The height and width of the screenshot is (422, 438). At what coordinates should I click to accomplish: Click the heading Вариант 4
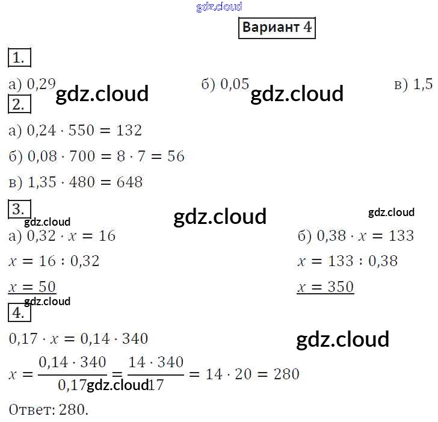coord(277,28)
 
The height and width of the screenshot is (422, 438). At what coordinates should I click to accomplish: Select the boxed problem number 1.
coord(19,58)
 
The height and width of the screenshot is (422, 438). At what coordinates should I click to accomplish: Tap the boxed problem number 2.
coord(19,104)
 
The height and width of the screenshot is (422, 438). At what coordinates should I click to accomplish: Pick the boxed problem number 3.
coord(19,209)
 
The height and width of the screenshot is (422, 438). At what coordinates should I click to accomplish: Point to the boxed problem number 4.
coord(19,312)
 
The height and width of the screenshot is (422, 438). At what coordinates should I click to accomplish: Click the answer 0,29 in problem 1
coord(42,84)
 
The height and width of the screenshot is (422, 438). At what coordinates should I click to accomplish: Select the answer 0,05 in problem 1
coord(235,84)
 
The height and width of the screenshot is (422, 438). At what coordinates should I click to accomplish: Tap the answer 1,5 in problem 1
coord(422,84)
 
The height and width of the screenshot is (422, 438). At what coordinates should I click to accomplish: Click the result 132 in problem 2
coord(129,130)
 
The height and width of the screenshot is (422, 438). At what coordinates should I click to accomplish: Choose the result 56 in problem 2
coord(176,156)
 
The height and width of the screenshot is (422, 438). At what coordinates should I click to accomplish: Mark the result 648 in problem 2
coord(129,182)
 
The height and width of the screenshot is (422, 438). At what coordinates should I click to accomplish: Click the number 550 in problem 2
coord(81,130)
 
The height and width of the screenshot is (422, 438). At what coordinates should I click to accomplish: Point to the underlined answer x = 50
coord(32,287)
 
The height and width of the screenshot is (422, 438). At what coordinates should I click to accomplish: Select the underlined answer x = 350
coord(325,287)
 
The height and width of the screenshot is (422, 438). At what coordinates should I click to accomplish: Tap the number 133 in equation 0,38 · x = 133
coord(401,235)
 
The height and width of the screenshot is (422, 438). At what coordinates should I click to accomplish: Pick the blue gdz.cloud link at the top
coord(219,7)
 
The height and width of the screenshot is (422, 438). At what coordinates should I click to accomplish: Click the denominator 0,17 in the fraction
coord(72,385)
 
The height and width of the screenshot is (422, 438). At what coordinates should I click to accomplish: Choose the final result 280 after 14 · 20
coord(286,374)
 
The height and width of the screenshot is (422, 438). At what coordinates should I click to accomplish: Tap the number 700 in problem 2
coord(82,156)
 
